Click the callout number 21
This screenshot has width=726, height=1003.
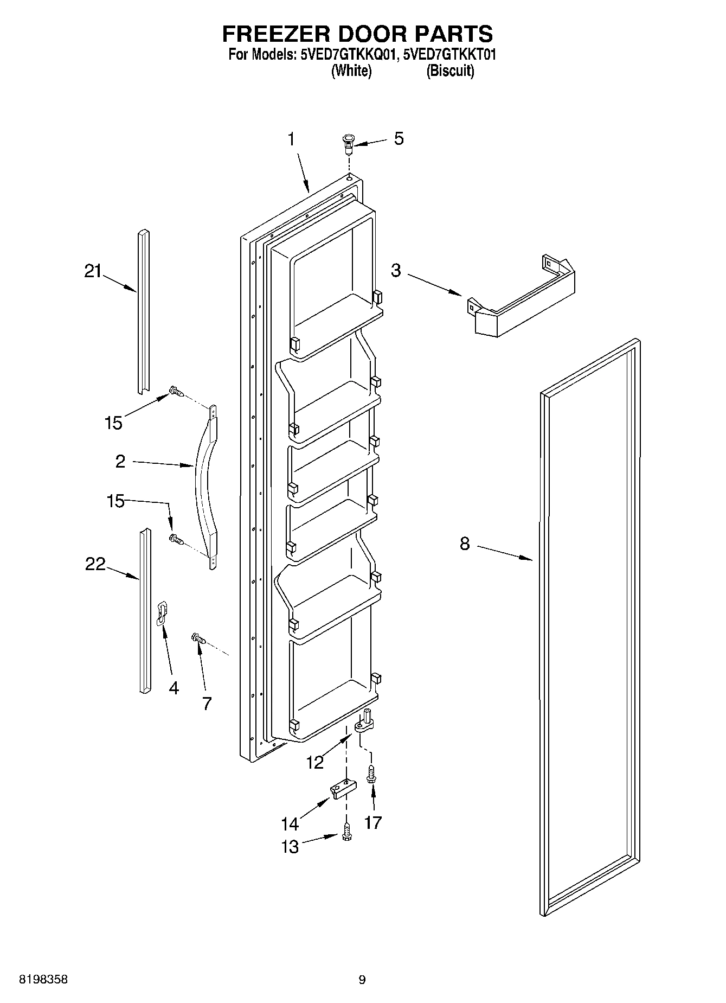93,271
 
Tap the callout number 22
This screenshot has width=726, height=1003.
95,564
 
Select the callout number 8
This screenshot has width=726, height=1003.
465,544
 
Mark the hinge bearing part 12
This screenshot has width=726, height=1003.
364,723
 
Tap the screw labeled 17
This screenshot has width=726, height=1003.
371,774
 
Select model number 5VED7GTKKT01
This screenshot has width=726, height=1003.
450,55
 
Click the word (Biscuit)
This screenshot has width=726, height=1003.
450,71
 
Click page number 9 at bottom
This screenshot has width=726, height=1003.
362,980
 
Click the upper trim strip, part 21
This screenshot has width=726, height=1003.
144,312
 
